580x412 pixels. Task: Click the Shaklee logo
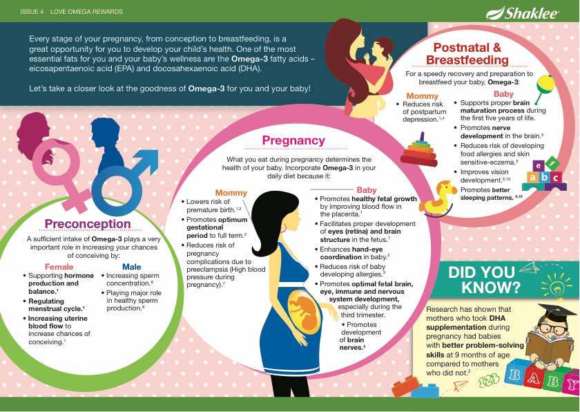click(x=522, y=12)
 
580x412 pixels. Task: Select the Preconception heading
click(x=88, y=224)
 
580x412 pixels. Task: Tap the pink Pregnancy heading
click(x=293, y=140)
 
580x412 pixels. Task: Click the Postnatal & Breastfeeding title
click(x=467, y=54)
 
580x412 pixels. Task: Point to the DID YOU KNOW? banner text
click(x=481, y=279)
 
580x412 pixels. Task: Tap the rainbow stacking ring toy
click(x=420, y=151)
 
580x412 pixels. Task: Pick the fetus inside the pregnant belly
click(x=302, y=310)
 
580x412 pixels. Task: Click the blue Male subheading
click(x=132, y=267)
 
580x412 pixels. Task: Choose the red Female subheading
click(x=59, y=267)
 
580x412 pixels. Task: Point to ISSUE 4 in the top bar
click(x=32, y=12)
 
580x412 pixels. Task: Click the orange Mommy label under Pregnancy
click(x=231, y=193)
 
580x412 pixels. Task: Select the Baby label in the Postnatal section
click(x=503, y=94)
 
